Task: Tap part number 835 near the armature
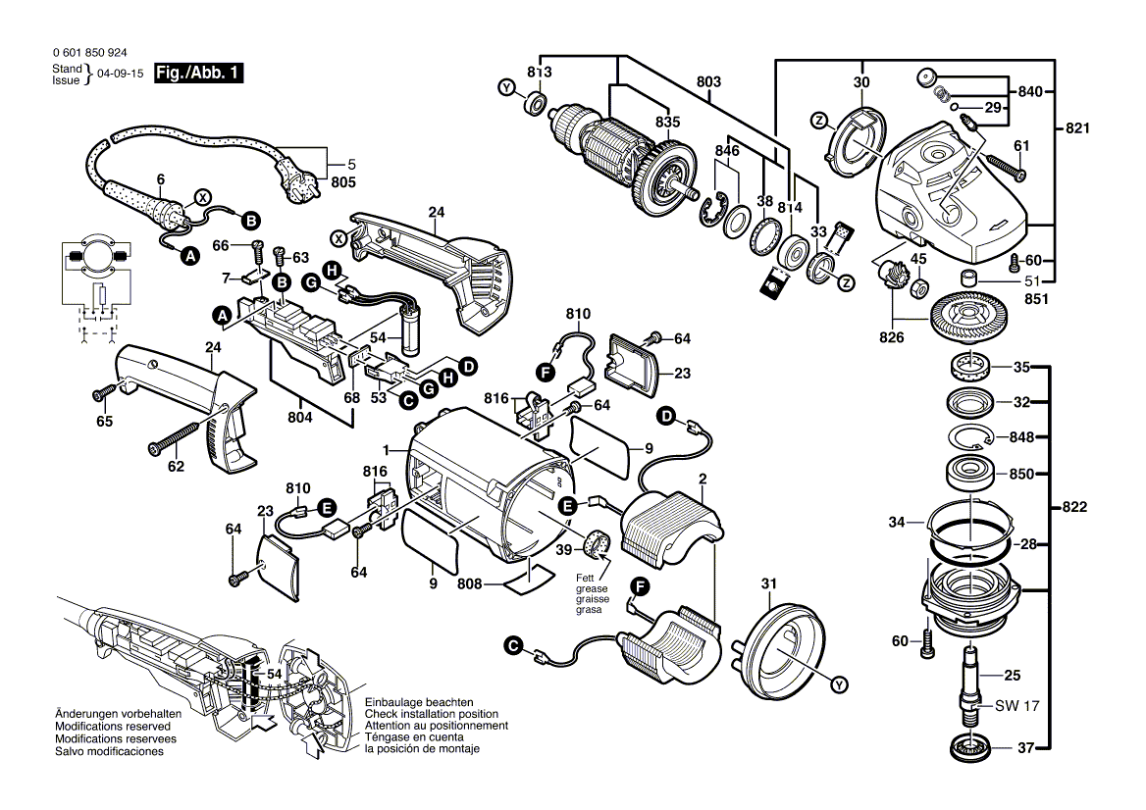[667, 121]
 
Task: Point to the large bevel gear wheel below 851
[968, 320]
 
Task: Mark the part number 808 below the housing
[470, 584]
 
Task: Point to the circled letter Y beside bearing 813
[506, 89]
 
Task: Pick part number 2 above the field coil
[703, 479]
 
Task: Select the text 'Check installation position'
[431, 714]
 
